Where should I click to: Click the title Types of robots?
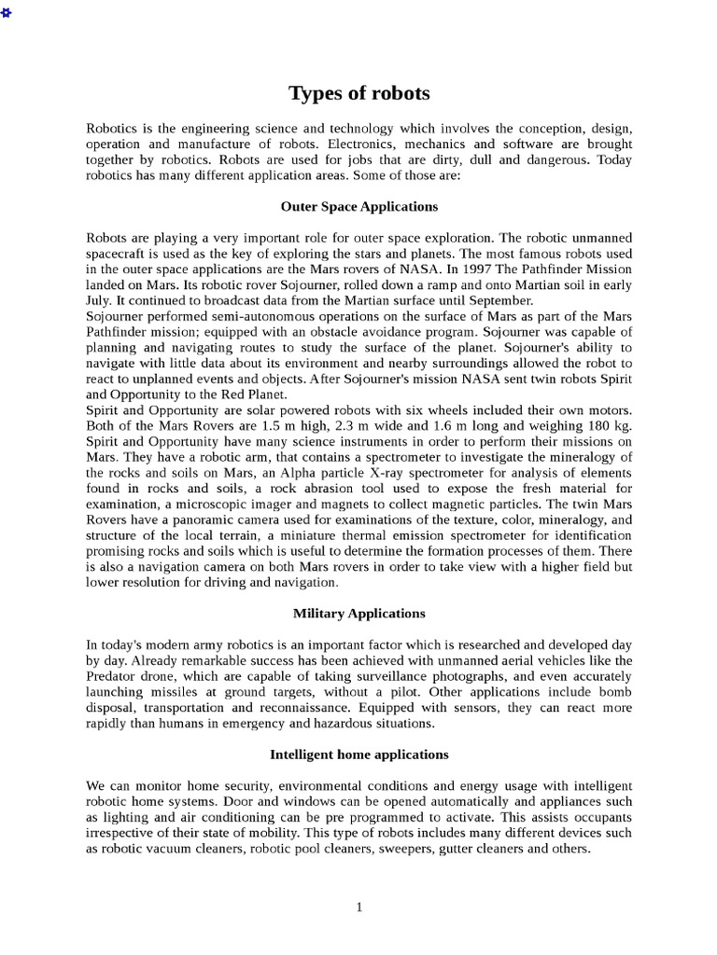click(x=358, y=93)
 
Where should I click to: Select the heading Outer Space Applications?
click(x=358, y=206)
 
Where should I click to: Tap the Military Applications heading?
click(x=358, y=613)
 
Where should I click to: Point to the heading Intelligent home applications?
click(x=358, y=754)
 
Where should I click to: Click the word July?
click(x=101, y=300)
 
